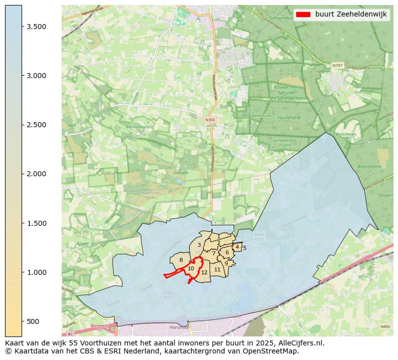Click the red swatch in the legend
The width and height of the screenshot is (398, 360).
pyautogui.click(x=304, y=15)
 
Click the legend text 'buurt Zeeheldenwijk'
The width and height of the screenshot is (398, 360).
pyautogui.click(x=351, y=15)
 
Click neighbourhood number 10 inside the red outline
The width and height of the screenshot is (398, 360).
pyautogui.click(x=191, y=269)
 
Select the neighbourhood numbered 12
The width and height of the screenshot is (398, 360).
pyautogui.click(x=204, y=272)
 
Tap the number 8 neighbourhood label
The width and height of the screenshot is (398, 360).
pyautogui.click(x=181, y=260)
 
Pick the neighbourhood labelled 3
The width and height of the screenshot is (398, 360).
pyautogui.click(x=199, y=245)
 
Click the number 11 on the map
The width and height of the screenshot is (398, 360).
pyautogui.click(x=217, y=269)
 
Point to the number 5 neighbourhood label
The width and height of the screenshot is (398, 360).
pyautogui.click(x=245, y=248)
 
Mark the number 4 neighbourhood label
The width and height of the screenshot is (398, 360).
pyautogui.click(x=237, y=247)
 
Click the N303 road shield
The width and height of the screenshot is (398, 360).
pyautogui.click(x=210, y=120)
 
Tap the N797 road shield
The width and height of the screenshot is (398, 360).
pyautogui.click(x=337, y=65)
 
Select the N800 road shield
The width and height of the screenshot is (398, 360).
pyautogui.click(x=384, y=326)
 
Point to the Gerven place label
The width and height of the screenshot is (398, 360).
pyautogui.click(x=180, y=172)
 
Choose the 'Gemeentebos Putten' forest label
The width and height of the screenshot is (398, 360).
pyautogui.click(x=284, y=143)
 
